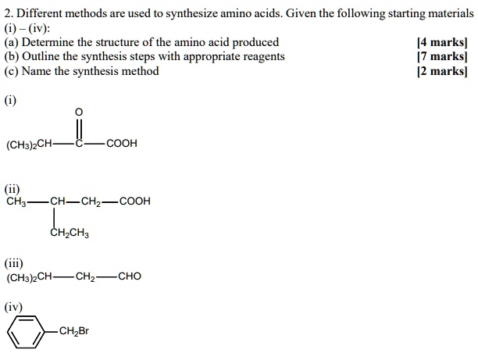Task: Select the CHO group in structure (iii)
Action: coord(129,276)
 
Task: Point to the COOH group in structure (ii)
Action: coord(134,201)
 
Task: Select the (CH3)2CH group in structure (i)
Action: coord(30,144)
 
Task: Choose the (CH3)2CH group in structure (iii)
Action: coord(30,276)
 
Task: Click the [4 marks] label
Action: coord(442,43)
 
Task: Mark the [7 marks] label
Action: coord(442,57)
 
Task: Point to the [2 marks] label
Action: coord(442,71)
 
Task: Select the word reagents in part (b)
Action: coord(262,57)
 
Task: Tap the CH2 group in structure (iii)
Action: coord(86,276)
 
